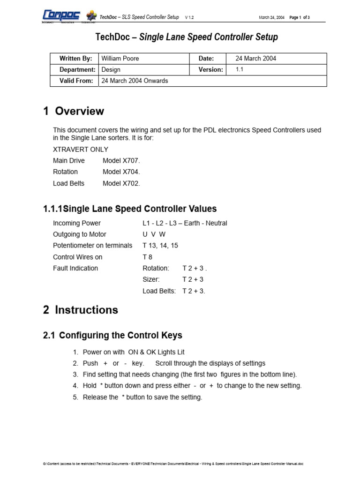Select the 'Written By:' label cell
pyautogui.click(x=75, y=59)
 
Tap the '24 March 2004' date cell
pyautogui.click(x=255, y=59)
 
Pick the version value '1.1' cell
pyautogui.click(x=240, y=69)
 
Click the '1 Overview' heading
pyautogui.click(x=74, y=111)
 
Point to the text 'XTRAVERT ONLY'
pyautogui.click(x=81, y=150)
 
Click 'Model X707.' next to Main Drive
pyautogui.click(x=121, y=161)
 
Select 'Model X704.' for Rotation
pyautogui.click(x=121, y=172)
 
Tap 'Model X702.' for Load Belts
pyautogui.click(x=121, y=183)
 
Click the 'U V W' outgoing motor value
pyautogui.click(x=154, y=234)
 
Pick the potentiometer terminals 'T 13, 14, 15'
pyautogui.click(x=160, y=246)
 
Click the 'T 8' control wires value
pyautogui.click(x=147, y=257)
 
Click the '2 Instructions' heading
pyautogui.click(x=81, y=310)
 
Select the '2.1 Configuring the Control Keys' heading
pyautogui.click(x=112, y=336)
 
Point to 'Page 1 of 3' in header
pyautogui.click(x=300, y=17)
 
